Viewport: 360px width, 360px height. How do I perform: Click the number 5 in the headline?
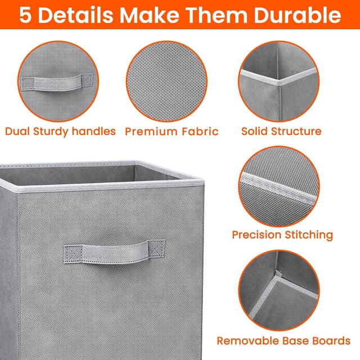[x=25, y=15]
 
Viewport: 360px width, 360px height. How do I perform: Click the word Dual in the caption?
[x=19, y=132]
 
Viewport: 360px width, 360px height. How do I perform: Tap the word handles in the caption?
[x=94, y=132]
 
